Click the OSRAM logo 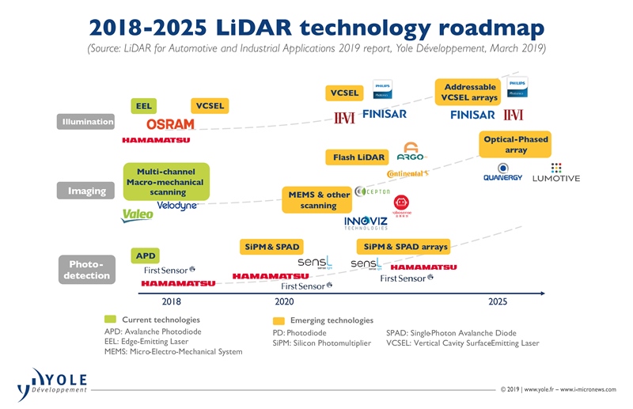(170, 124)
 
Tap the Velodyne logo (176, 206)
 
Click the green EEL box (144, 105)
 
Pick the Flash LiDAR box (358, 157)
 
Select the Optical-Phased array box (516, 145)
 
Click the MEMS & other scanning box (319, 200)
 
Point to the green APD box (146, 256)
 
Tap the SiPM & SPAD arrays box (404, 247)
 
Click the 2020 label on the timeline (284, 301)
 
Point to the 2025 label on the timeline (498, 301)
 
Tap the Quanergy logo (502, 172)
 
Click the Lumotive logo (555, 172)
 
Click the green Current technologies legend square (110, 320)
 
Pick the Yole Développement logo (51, 384)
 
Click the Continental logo (407, 173)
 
